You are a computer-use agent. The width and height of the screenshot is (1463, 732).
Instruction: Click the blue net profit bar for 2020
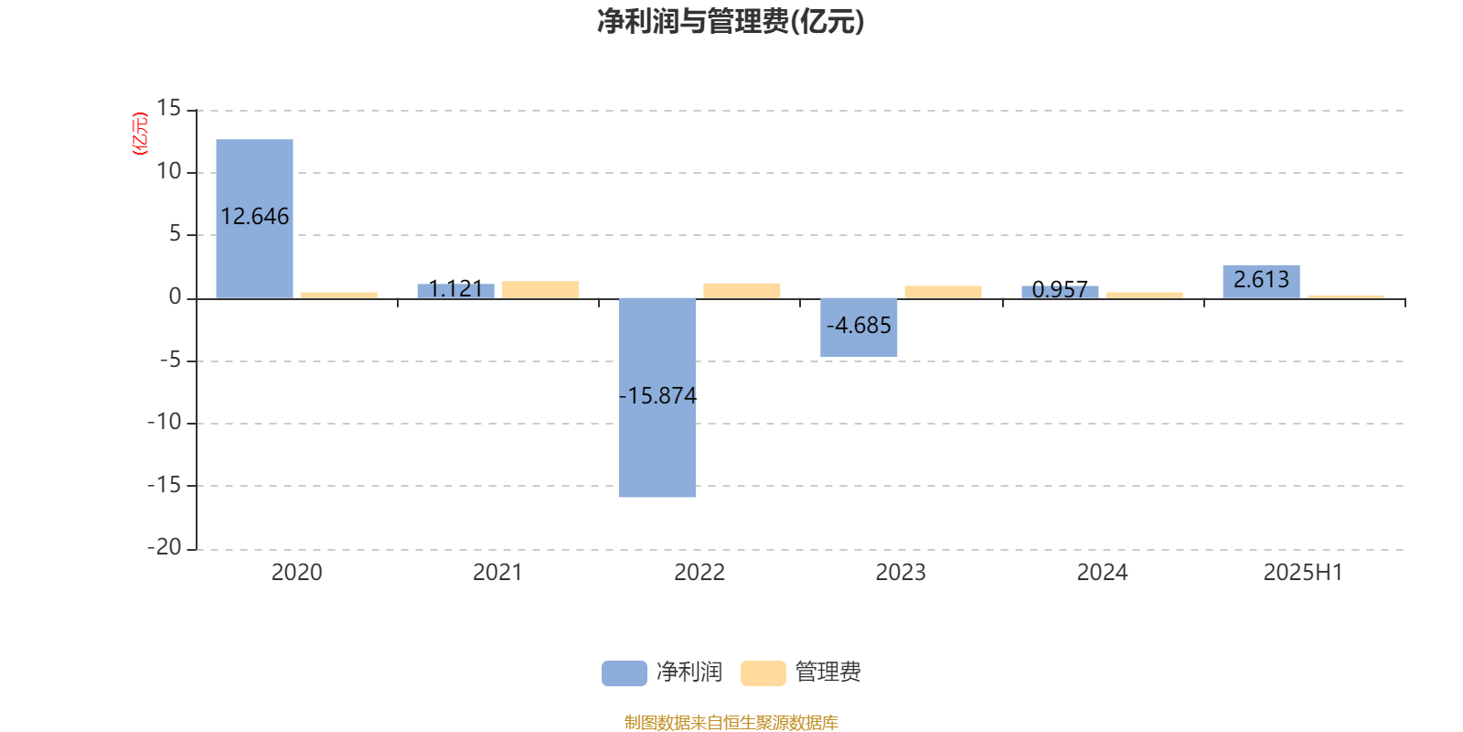tap(255, 219)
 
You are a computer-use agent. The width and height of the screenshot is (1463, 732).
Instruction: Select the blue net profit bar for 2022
tap(657, 398)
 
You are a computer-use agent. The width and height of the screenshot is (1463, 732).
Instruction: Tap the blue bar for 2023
tap(859, 328)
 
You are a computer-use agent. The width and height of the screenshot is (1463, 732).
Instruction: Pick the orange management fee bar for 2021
tap(540, 289)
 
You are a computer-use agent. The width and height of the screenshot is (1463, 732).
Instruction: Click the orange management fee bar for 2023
tap(943, 292)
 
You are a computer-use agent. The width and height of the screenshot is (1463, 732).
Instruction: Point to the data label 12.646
tap(255, 216)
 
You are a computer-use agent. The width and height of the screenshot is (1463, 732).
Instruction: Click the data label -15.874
tap(657, 395)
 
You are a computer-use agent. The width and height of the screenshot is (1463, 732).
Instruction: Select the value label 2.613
tap(1261, 280)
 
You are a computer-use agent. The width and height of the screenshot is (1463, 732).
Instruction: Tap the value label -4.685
tap(859, 325)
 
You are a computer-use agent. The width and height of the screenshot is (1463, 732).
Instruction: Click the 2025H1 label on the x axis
tap(1303, 573)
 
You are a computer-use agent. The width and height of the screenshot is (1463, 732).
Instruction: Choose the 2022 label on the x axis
tap(699, 573)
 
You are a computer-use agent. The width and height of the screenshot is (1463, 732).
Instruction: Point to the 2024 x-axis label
tap(1103, 573)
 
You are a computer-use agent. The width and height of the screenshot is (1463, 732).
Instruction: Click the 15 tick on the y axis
tap(168, 108)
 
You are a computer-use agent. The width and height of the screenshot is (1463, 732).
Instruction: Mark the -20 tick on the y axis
tap(165, 547)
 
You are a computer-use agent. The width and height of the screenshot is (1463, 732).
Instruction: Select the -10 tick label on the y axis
tap(165, 422)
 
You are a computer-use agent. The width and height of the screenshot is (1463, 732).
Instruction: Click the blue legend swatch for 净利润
tap(625, 673)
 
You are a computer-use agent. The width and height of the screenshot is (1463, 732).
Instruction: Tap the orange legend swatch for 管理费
tap(763, 673)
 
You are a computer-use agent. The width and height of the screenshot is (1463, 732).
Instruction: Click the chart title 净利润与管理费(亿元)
tap(731, 22)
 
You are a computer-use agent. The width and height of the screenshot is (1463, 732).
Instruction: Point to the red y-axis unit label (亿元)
tap(141, 134)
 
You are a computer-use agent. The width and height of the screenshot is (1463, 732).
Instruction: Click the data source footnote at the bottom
tap(731, 722)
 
